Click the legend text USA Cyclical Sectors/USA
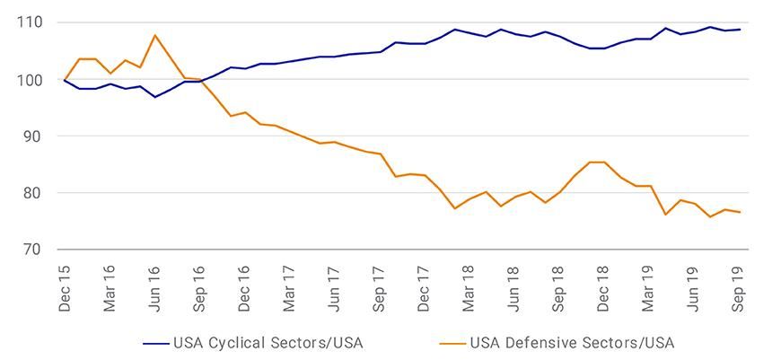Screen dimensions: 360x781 click(x=268, y=342)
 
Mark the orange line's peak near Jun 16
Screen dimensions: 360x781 click(x=155, y=36)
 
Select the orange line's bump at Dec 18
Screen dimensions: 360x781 click(x=596, y=162)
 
